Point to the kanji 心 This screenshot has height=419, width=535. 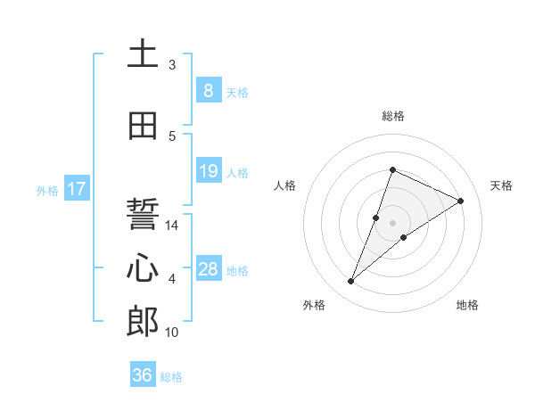tap(143, 268)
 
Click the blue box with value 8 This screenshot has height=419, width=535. tap(208, 91)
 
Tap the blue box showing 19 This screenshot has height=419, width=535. tap(208, 171)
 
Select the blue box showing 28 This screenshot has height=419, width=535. tap(208, 269)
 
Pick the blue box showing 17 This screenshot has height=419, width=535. tap(76, 189)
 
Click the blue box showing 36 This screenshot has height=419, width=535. tap(143, 375)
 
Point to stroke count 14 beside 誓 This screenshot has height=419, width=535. tap(172, 226)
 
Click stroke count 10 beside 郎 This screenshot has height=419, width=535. tap(172, 333)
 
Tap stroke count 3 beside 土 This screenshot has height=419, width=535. tap(172, 65)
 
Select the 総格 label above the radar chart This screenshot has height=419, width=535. tap(392, 116)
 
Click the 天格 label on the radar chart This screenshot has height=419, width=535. tap(501, 185)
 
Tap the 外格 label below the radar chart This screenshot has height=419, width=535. tap(314, 305)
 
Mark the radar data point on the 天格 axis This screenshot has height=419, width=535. tap(460, 201)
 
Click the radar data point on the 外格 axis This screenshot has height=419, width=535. tap(350, 282)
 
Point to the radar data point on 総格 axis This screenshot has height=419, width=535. tap(392, 170)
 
